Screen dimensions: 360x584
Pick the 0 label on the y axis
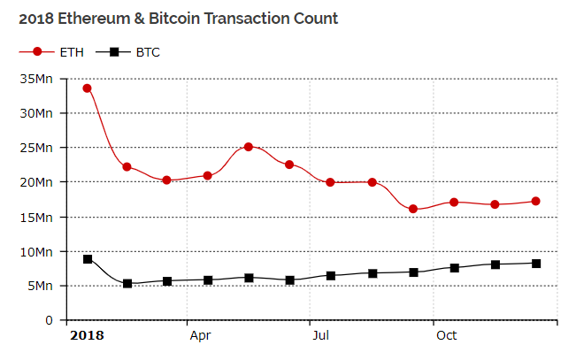(x=50, y=320)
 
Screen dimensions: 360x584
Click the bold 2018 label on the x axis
(x=87, y=336)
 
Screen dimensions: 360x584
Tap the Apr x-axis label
(x=200, y=336)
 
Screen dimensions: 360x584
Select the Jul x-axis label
(x=321, y=336)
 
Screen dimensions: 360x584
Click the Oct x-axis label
(x=446, y=336)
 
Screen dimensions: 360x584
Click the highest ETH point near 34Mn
(x=87, y=88)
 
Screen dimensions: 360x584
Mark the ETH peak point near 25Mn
(x=249, y=147)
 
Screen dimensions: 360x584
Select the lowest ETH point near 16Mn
(x=413, y=209)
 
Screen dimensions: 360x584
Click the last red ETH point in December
(x=536, y=202)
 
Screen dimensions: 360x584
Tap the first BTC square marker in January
(x=87, y=259)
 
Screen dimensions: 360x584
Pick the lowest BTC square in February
(x=127, y=284)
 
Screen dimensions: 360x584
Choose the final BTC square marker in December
(x=536, y=264)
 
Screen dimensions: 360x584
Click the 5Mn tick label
(x=40, y=286)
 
